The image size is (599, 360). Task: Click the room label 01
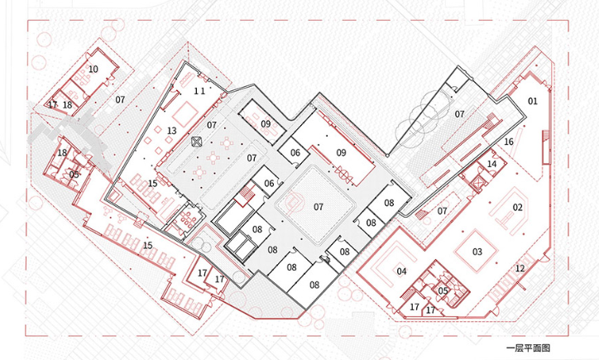(x=533, y=101)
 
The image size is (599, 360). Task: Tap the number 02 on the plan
(x=518, y=208)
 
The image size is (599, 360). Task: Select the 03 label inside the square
(x=477, y=252)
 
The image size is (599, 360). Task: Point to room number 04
(x=401, y=271)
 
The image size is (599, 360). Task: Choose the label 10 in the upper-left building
(x=93, y=70)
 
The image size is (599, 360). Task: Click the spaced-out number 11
(x=199, y=91)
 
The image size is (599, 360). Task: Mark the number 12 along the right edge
(x=520, y=269)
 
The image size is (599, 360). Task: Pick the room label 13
(x=172, y=131)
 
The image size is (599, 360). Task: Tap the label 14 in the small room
(x=492, y=164)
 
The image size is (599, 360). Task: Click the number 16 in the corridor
(x=509, y=142)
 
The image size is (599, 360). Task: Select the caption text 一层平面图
(x=528, y=348)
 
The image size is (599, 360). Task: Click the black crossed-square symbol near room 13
(x=196, y=142)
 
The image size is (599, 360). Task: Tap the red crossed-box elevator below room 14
(x=477, y=185)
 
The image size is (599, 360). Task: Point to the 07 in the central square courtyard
(x=319, y=207)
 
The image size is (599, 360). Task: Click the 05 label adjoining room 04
(x=443, y=290)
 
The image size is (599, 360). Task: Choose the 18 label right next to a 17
(x=67, y=105)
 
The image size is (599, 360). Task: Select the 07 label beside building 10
(x=120, y=100)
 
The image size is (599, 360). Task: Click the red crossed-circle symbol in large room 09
(x=343, y=175)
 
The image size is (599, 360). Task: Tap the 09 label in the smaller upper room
(x=266, y=124)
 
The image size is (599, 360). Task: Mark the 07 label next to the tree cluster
(x=459, y=114)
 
